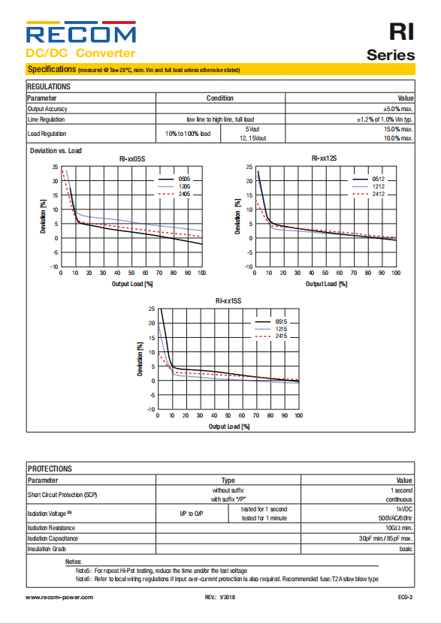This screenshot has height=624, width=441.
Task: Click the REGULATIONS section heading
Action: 49,86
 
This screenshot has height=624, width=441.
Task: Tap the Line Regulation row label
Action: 46,119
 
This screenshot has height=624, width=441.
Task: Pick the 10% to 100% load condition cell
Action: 188,134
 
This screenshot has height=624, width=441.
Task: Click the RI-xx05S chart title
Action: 132,158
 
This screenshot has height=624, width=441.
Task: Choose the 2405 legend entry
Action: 174,194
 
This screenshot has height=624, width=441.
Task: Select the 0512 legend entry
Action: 369,179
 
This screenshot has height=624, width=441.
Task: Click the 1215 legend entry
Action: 270,329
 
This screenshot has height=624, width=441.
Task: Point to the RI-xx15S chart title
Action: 228,301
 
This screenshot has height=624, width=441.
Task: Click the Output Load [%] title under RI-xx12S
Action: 326,284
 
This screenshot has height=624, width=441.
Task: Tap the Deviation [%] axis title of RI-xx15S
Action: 140,359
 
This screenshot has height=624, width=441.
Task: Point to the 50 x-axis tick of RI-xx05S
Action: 131,273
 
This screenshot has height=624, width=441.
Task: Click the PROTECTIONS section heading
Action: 50,469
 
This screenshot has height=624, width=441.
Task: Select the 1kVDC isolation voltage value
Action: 404,509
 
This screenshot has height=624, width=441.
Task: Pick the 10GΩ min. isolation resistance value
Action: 399,528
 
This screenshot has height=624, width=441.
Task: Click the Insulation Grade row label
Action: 47,549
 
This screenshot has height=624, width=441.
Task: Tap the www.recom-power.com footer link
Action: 59,597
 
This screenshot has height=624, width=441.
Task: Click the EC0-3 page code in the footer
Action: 405,597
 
